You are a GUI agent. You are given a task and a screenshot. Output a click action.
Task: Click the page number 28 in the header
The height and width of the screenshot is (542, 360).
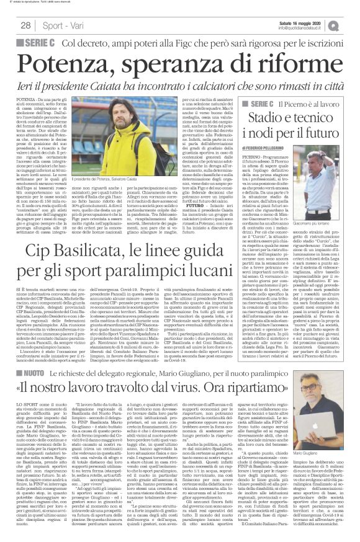pyautogui.click(x=26, y=25)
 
